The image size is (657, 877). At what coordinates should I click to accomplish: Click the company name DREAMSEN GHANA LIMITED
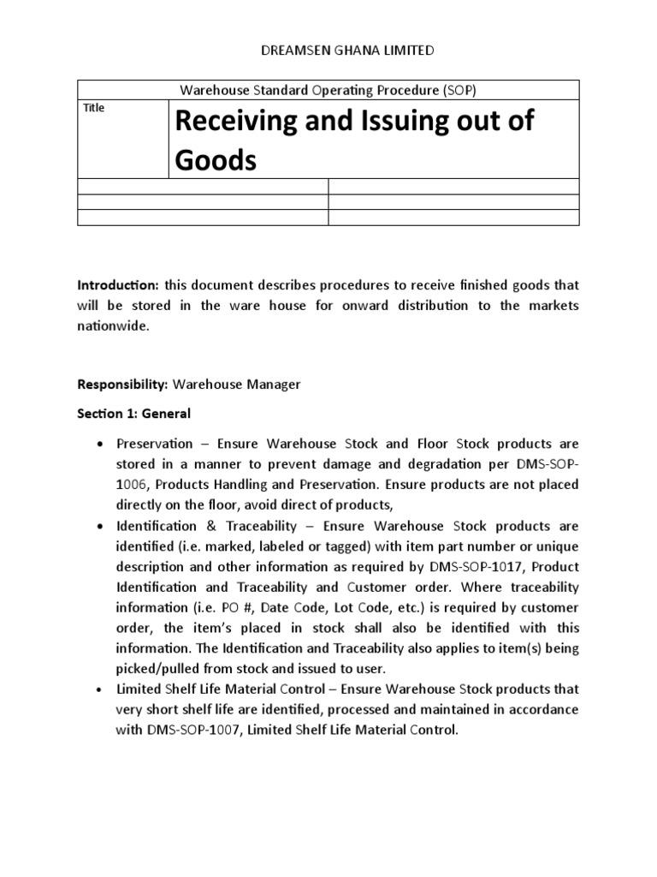(334, 51)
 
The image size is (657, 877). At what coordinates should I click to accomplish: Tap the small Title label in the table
(93, 108)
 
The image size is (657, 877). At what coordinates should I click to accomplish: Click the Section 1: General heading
(134, 413)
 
